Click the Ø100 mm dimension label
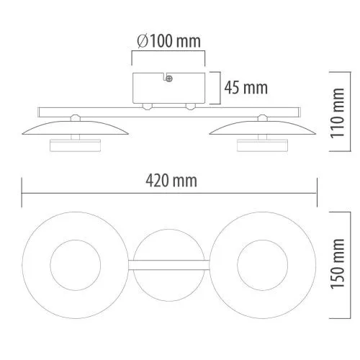[168, 41]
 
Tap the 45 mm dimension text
[246, 88]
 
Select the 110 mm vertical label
[338, 113]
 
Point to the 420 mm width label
[171, 181]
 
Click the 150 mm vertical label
[338, 264]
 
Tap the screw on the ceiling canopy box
[169, 78]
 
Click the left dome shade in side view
[76, 128]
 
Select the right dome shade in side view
[262, 128]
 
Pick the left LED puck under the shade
[75, 145]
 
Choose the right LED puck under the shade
[262, 145]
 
